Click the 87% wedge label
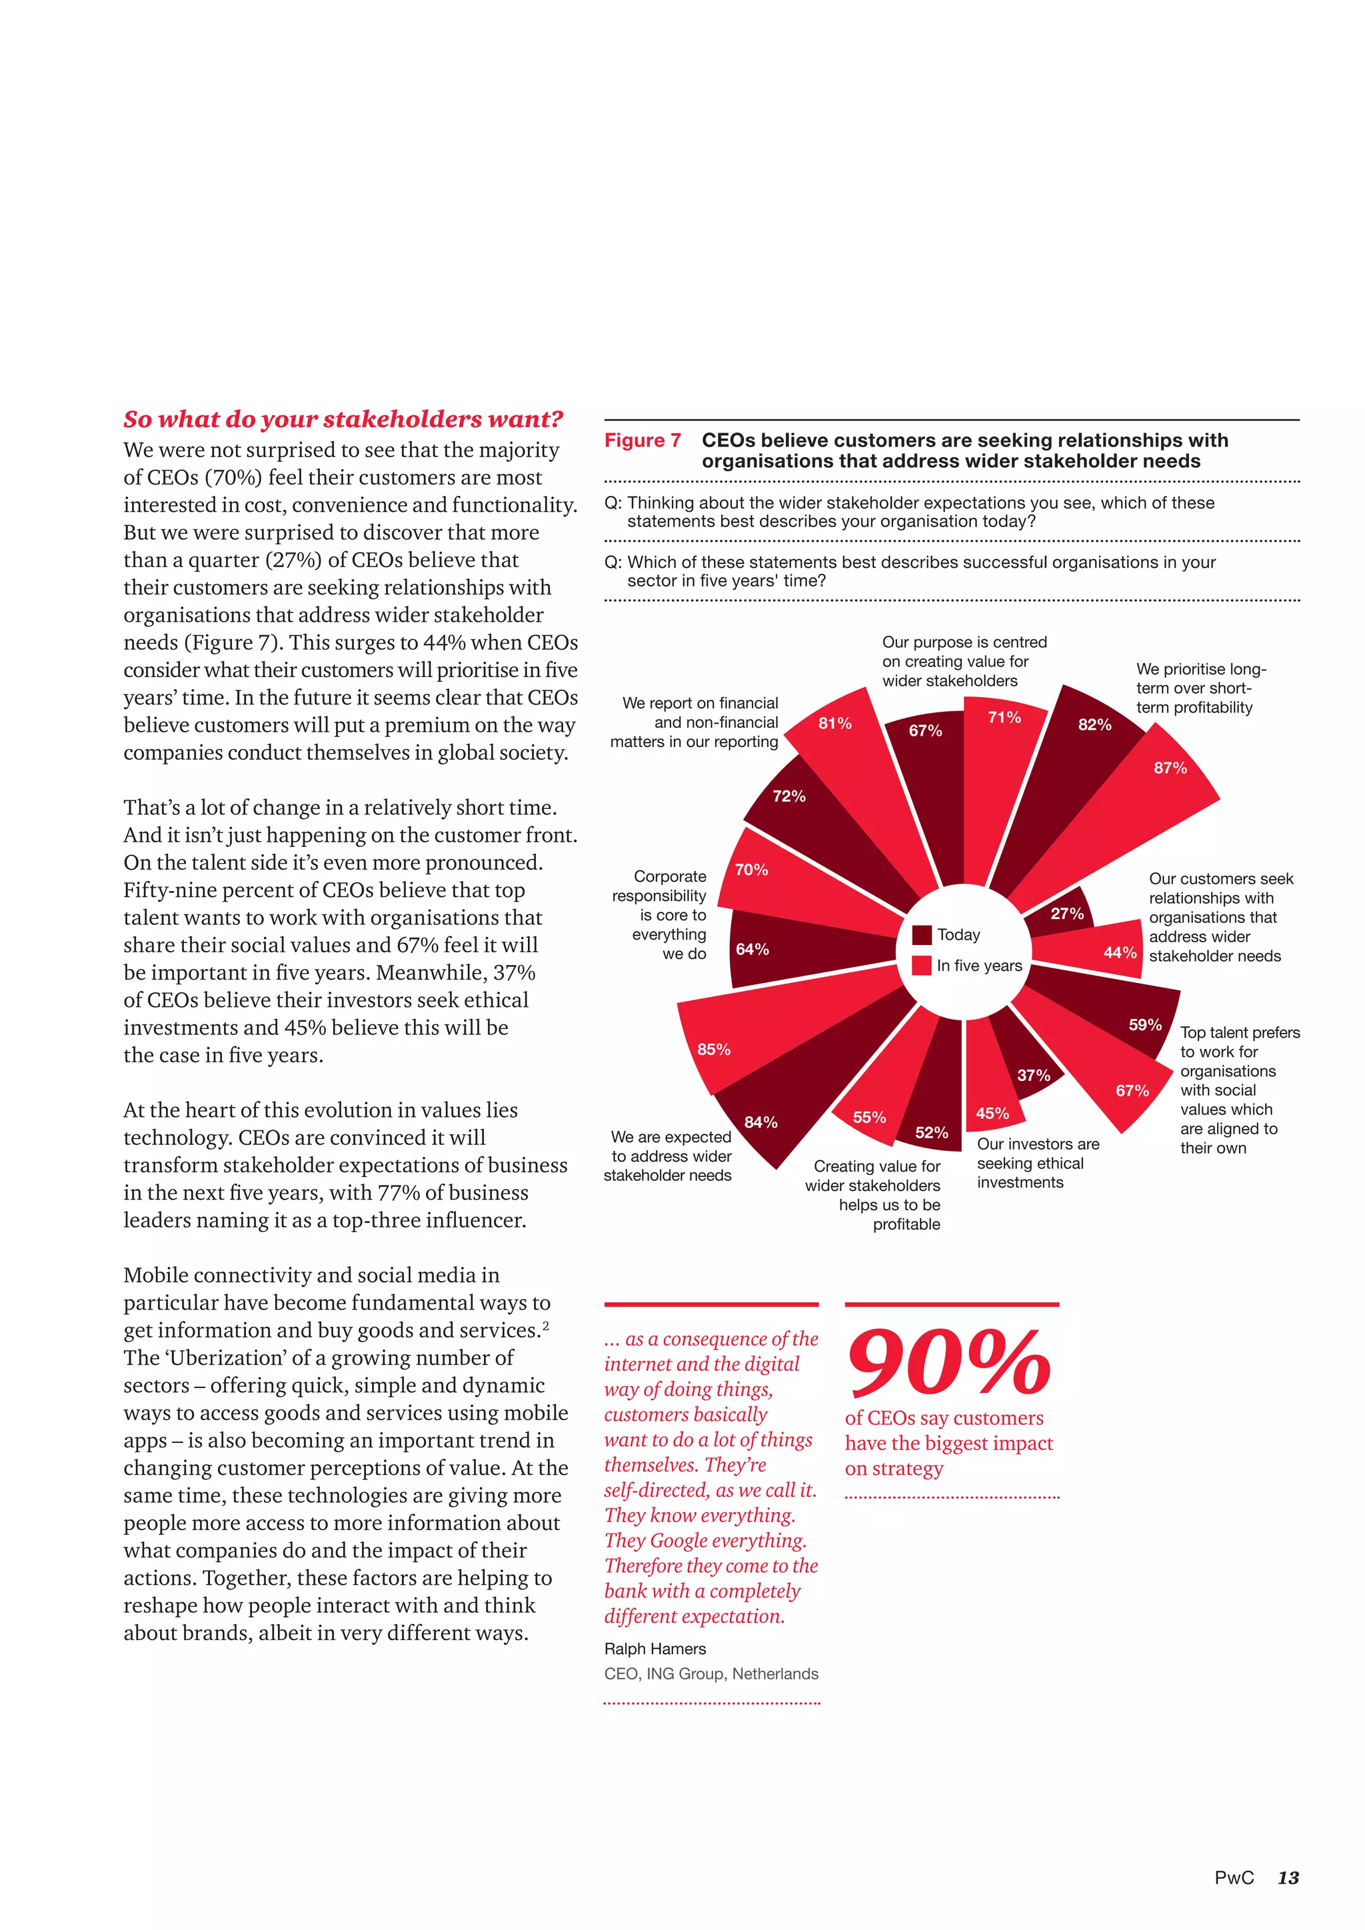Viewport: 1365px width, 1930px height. [x=1170, y=768]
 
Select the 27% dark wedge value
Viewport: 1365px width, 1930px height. [x=1066, y=914]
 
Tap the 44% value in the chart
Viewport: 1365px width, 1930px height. [x=1120, y=952]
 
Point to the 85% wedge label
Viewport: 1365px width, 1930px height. [x=714, y=1049]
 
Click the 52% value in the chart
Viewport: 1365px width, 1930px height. [x=931, y=1132]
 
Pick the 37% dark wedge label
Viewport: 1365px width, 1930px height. [x=1033, y=1075]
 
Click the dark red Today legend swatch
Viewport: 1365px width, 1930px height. [x=922, y=935]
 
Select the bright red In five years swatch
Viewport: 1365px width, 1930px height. [x=922, y=965]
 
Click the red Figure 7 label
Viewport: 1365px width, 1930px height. [x=642, y=441]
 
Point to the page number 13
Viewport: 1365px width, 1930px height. [x=1288, y=1877]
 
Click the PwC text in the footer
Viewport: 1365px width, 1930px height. [x=1234, y=1877]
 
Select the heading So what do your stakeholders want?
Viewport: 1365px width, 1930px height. [x=343, y=419]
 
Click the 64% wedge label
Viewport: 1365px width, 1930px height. [x=752, y=949]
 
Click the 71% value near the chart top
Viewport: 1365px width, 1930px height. [x=1004, y=717]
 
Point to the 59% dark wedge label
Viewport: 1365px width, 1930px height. [x=1145, y=1025]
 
